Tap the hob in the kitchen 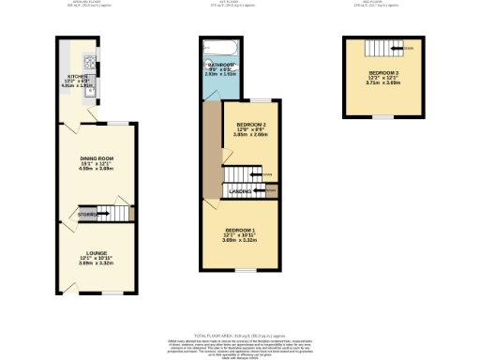[x=89, y=65]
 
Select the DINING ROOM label [x=97, y=159]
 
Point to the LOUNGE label [x=97, y=252]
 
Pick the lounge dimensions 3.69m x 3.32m [x=97, y=262]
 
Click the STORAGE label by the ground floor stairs [x=88, y=215]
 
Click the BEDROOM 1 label [x=239, y=230]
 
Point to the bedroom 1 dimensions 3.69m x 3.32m [x=239, y=241]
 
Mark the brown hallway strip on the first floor [x=211, y=150]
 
